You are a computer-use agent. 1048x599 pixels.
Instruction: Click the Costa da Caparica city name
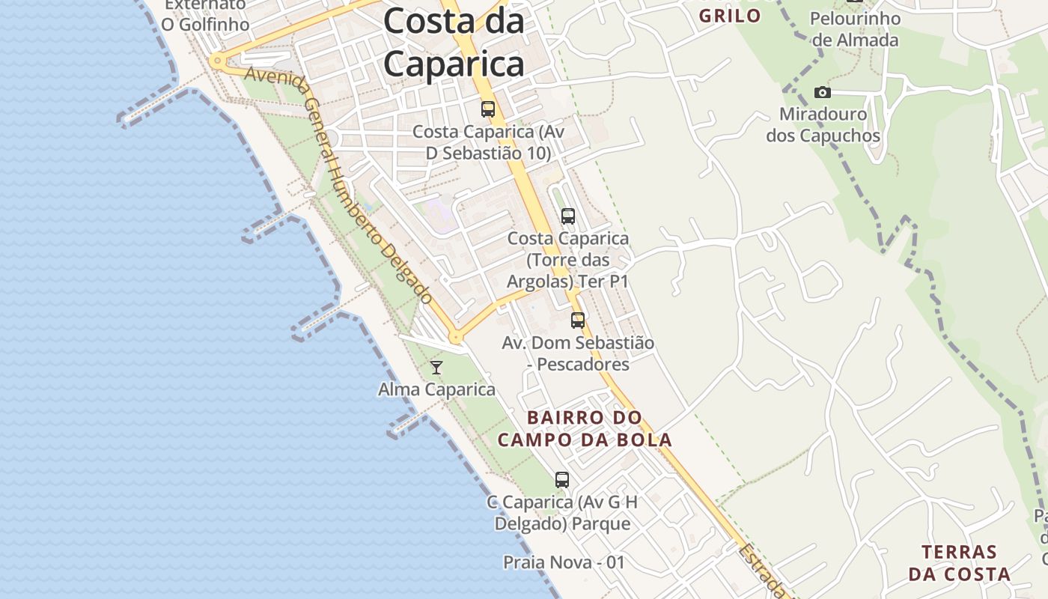click(454, 43)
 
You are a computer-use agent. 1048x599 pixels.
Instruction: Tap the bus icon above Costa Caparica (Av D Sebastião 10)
click(488, 109)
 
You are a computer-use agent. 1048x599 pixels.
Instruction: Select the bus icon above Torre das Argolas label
click(568, 216)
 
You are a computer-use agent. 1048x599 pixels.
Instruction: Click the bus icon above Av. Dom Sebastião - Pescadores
click(578, 320)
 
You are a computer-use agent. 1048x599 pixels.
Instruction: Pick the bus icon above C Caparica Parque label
click(562, 479)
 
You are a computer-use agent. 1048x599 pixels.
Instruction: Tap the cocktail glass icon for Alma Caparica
click(436, 367)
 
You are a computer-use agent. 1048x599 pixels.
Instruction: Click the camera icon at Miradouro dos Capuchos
click(823, 92)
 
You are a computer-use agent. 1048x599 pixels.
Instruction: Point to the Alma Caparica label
click(436, 389)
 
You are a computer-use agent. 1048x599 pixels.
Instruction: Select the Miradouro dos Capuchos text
click(823, 125)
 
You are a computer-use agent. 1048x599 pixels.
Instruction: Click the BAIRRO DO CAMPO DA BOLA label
click(585, 428)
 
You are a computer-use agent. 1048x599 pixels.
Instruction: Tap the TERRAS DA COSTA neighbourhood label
click(959, 563)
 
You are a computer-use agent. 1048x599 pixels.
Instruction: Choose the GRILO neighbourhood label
click(729, 16)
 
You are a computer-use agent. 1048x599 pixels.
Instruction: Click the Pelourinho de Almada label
click(854, 29)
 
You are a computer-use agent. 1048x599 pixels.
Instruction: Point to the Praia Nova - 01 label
click(564, 562)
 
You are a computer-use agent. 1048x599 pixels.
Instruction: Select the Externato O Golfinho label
click(205, 15)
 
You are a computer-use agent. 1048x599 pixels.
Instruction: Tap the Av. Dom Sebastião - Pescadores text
click(577, 353)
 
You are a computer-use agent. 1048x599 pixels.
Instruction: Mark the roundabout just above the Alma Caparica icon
click(455, 338)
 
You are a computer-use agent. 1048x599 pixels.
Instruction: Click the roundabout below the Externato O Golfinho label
click(217, 61)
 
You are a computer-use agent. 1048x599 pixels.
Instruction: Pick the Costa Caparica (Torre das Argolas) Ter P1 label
click(567, 260)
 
